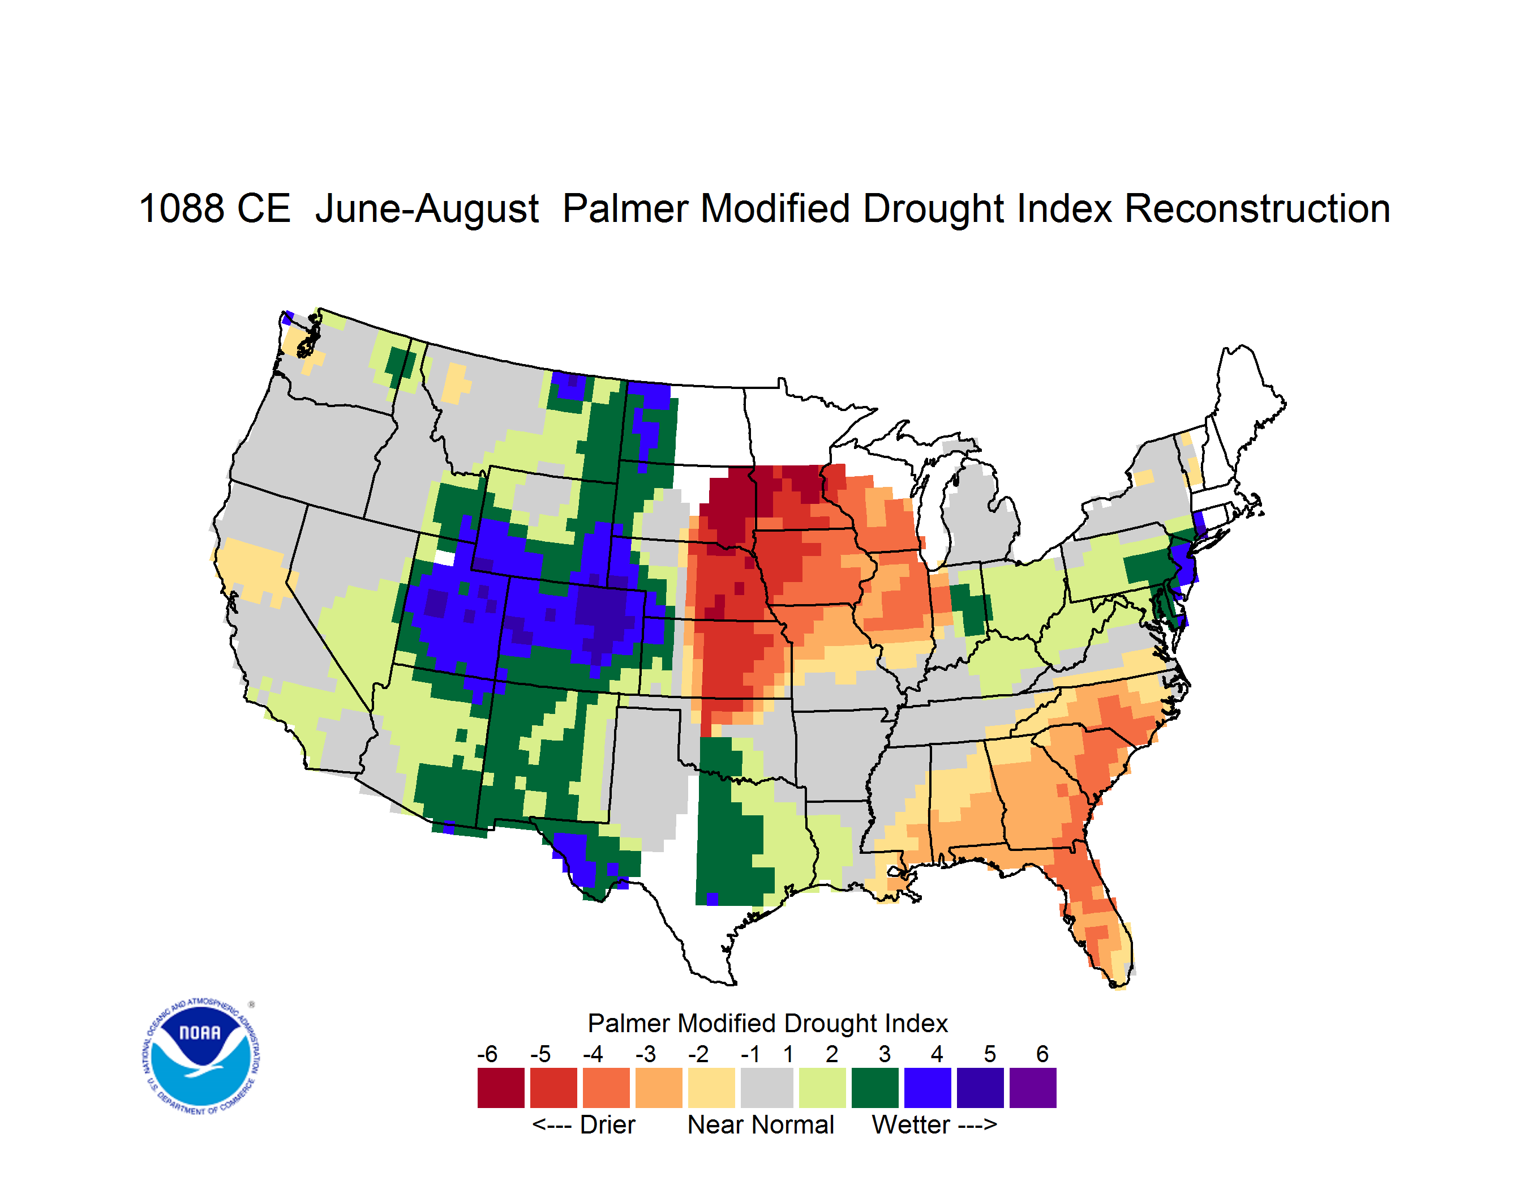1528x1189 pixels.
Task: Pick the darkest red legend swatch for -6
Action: click(501, 1088)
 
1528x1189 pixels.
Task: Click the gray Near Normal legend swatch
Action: click(767, 1088)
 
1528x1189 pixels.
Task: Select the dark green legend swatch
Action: click(874, 1088)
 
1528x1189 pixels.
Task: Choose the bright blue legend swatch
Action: click(928, 1088)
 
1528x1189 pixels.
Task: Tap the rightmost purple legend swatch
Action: click(1033, 1088)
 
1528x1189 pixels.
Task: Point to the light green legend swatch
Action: click(822, 1088)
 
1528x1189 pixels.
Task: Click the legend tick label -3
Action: click(645, 1054)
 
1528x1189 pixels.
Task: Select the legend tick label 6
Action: click(1042, 1054)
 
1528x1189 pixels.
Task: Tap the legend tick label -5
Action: click(540, 1054)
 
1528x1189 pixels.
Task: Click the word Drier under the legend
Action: click(607, 1124)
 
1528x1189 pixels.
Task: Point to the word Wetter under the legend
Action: click(911, 1124)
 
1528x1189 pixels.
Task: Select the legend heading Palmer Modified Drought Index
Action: click(767, 1023)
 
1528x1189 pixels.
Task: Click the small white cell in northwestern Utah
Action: click(444, 558)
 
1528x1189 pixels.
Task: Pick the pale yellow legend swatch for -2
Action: click(711, 1088)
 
